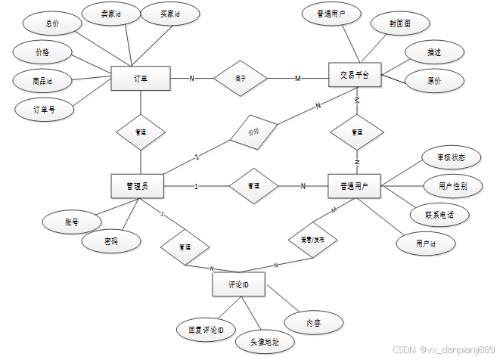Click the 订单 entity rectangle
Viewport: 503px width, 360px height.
(140, 78)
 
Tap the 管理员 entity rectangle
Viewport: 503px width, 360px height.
(137, 186)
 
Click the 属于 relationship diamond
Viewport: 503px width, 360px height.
(240, 77)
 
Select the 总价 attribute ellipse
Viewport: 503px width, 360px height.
(52, 23)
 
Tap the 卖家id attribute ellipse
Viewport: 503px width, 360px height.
(110, 14)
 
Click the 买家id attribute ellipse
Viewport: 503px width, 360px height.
(171, 14)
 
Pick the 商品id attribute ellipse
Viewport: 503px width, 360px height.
(43, 80)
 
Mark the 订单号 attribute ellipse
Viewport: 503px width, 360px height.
(45, 109)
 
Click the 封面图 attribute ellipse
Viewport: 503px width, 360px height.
(400, 24)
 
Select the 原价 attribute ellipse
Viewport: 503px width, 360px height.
(434, 79)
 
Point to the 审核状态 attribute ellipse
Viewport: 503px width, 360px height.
(451, 159)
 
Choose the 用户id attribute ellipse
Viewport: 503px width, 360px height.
(425, 244)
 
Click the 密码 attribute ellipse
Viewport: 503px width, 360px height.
(111, 241)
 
